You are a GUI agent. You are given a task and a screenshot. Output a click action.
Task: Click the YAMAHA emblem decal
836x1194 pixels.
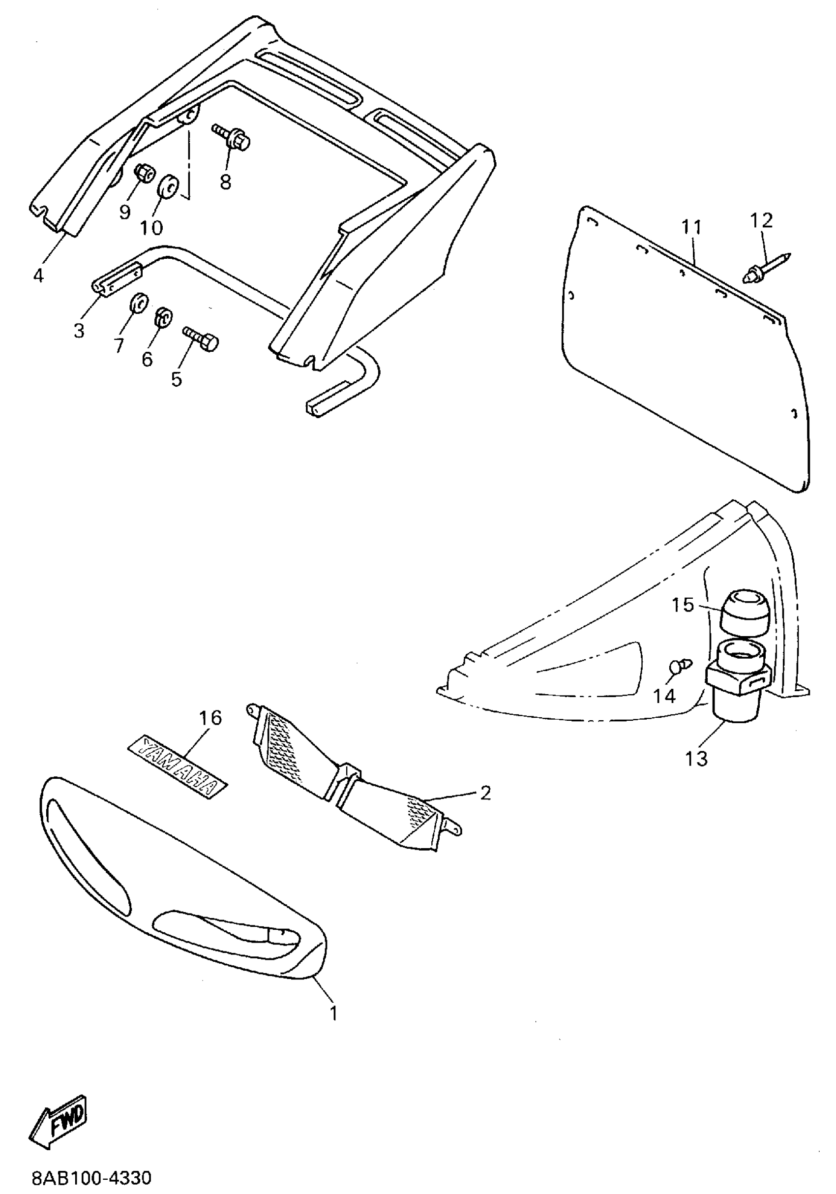click(x=178, y=766)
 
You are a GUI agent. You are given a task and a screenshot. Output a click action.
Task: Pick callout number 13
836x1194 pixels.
click(x=696, y=759)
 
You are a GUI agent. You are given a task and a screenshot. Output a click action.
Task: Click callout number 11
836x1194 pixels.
click(x=691, y=227)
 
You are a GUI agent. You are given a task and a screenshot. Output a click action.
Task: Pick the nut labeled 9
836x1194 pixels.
click(x=143, y=173)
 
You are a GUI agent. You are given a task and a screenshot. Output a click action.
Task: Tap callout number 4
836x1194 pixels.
click(x=38, y=275)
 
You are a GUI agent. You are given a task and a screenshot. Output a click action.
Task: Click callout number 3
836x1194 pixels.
click(x=79, y=330)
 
